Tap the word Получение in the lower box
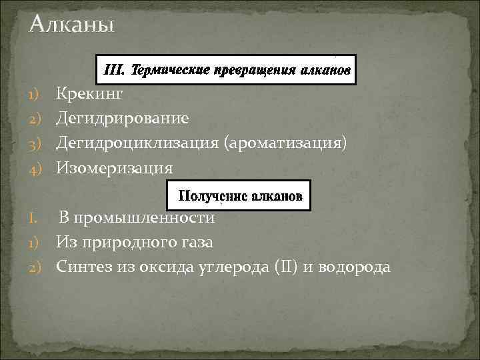[207, 197]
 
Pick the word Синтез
[83, 267]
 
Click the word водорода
[357, 267]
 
